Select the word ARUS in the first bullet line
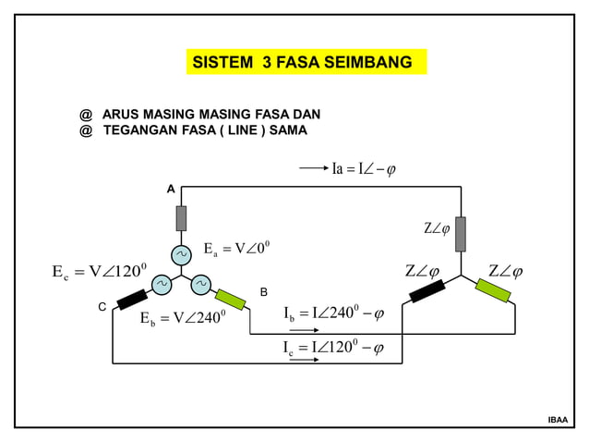120,114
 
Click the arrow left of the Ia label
314,169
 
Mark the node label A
170,189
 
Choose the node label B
263,292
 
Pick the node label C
102,305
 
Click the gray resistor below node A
182,218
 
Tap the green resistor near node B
230,299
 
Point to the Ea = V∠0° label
235,249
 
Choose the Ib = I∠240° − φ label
333,314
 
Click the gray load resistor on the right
460,234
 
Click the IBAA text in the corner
558,421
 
